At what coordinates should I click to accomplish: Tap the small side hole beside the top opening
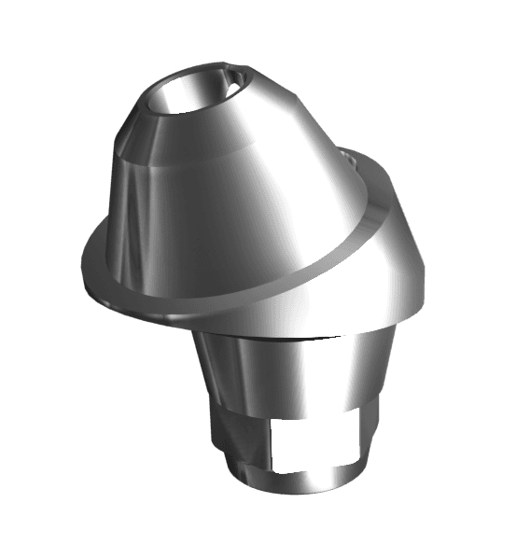[230, 88]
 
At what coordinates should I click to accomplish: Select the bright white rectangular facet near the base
[310, 442]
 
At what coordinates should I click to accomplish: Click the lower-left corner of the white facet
[272, 466]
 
